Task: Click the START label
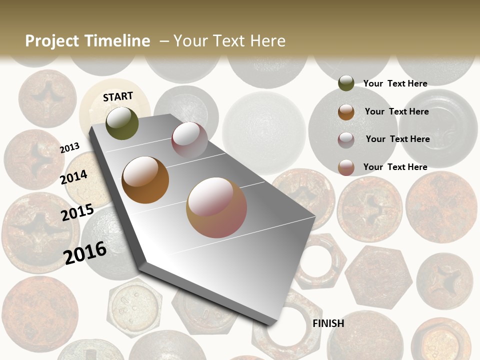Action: tap(118, 96)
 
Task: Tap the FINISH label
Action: tap(328, 323)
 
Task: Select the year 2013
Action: tap(69, 147)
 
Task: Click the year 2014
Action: tap(74, 177)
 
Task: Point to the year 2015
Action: tap(77, 212)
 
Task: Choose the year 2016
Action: tap(85, 252)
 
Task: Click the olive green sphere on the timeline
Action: tap(122, 123)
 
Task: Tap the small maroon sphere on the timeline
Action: tap(189, 139)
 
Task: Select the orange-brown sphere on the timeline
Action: tap(145, 180)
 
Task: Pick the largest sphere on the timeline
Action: tap(216, 207)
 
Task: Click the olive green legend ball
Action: tap(346, 83)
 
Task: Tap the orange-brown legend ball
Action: tap(346, 111)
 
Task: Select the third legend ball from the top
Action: tap(346, 139)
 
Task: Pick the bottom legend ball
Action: tap(346, 167)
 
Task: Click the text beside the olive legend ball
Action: tap(395, 83)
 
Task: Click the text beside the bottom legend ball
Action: tap(395, 167)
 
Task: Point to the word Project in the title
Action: tap(52, 41)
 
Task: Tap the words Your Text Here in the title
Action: tap(229, 41)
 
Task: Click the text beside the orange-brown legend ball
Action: tap(396, 111)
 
